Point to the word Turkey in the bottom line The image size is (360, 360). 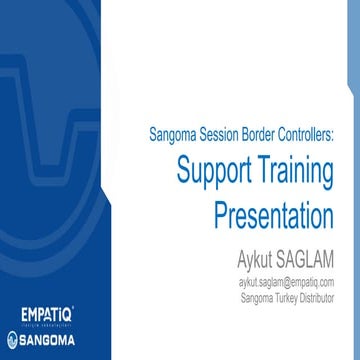click(285, 297)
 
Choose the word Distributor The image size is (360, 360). click(318, 297)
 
